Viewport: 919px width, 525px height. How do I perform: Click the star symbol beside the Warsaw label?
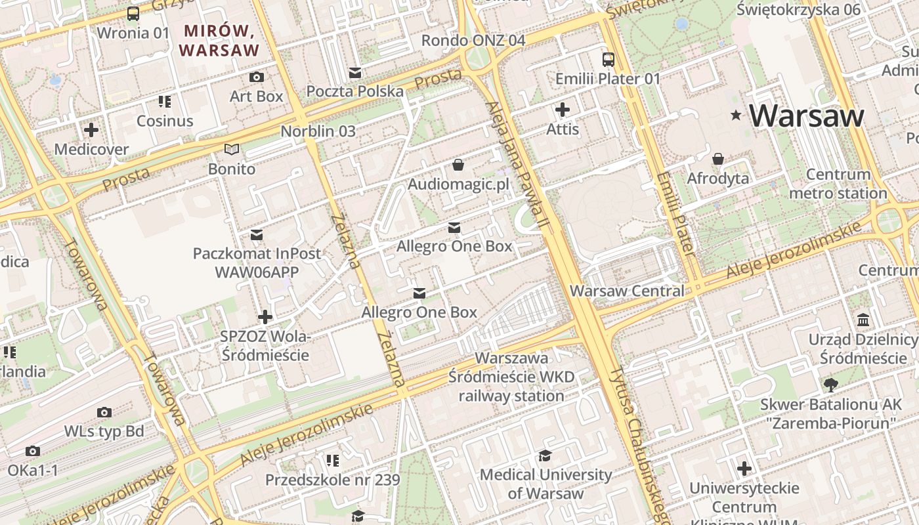[736, 115]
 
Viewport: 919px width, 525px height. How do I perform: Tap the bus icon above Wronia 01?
[133, 13]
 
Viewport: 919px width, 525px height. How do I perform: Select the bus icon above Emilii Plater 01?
[608, 60]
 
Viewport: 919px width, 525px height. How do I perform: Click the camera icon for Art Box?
[257, 77]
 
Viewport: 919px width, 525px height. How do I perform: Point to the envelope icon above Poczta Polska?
[355, 72]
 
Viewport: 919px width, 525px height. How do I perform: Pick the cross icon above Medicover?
[91, 130]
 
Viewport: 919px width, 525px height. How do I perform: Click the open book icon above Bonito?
[231, 150]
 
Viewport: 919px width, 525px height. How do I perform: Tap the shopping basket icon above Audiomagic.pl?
[458, 165]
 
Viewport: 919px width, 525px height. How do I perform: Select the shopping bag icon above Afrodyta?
[718, 159]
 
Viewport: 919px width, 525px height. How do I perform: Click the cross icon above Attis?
[563, 110]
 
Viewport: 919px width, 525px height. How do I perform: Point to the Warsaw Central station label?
[627, 290]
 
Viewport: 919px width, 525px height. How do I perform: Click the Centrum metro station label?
[838, 184]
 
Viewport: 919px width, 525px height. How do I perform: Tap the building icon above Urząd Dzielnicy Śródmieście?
[863, 320]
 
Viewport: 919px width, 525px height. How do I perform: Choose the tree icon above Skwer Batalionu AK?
[830, 385]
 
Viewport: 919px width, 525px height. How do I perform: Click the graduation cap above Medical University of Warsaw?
[545, 455]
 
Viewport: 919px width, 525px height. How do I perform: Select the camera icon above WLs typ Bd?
[104, 412]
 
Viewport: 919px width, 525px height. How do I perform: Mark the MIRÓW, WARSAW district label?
[219, 40]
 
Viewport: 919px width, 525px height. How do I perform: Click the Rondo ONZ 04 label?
[473, 40]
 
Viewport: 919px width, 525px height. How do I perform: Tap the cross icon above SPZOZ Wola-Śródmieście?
[265, 318]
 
